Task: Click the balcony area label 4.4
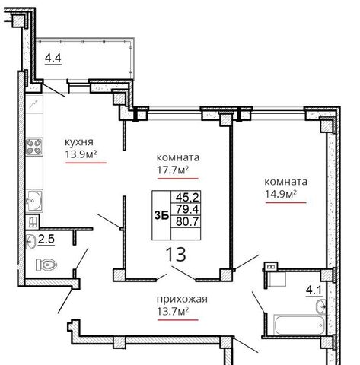(x=53, y=59)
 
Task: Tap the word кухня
(x=79, y=142)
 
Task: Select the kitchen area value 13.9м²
(x=81, y=154)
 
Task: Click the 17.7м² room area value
(x=173, y=170)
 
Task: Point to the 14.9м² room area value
(x=281, y=194)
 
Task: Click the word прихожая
(x=182, y=300)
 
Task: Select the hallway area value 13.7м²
(x=173, y=311)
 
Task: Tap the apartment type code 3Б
(x=161, y=216)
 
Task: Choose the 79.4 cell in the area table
(x=187, y=209)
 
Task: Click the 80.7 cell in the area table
(x=187, y=221)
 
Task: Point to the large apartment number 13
(x=176, y=254)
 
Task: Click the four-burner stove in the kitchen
(x=34, y=147)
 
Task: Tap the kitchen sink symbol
(x=34, y=201)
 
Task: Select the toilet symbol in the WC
(x=46, y=265)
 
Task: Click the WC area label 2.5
(x=46, y=239)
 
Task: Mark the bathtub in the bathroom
(x=299, y=325)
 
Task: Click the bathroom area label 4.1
(x=314, y=290)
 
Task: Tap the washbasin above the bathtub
(x=321, y=306)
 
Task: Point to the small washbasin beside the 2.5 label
(x=30, y=242)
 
